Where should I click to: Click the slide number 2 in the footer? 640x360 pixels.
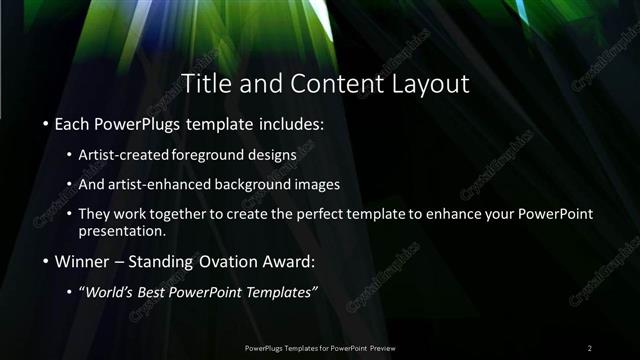click(x=590, y=347)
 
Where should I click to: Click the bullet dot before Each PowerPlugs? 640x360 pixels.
click(x=46, y=127)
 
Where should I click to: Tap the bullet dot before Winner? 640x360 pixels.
click(x=46, y=263)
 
